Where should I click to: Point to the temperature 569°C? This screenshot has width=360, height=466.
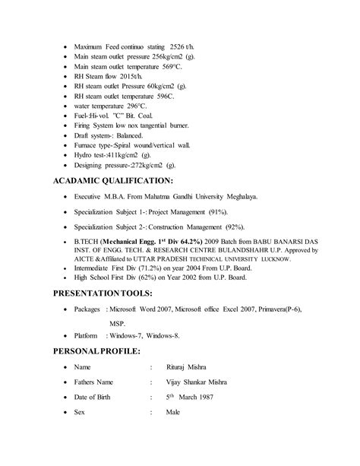tap(199, 66)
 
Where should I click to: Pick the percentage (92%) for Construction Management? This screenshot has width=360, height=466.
tap(242, 226)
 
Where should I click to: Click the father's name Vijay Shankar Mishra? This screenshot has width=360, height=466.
tap(205, 382)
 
